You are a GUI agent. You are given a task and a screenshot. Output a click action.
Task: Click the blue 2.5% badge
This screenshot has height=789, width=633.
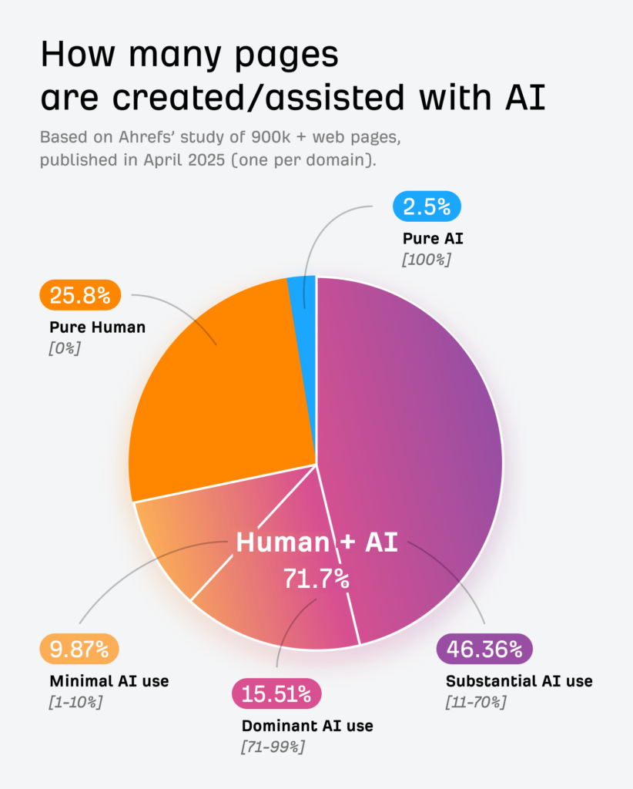427,206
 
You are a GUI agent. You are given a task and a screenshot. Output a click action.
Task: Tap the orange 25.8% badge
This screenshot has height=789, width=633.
79,294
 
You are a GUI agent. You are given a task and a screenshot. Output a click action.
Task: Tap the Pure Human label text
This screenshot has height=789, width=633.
97,327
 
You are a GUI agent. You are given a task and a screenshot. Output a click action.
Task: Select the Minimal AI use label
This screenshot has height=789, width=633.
109,681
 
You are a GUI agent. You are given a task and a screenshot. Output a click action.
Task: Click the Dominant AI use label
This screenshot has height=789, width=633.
307,726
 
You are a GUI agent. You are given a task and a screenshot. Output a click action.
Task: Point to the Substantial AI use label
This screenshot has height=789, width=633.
519,681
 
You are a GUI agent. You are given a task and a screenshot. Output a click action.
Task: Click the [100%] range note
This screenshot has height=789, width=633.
426,260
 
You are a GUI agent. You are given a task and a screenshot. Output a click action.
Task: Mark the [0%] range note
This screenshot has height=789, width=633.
65,347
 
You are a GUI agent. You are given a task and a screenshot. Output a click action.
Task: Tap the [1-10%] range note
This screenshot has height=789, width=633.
75,702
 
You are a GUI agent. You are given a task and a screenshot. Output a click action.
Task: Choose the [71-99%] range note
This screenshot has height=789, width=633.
273,747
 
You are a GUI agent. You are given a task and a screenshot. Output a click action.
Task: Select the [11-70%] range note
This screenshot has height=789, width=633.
476,702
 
